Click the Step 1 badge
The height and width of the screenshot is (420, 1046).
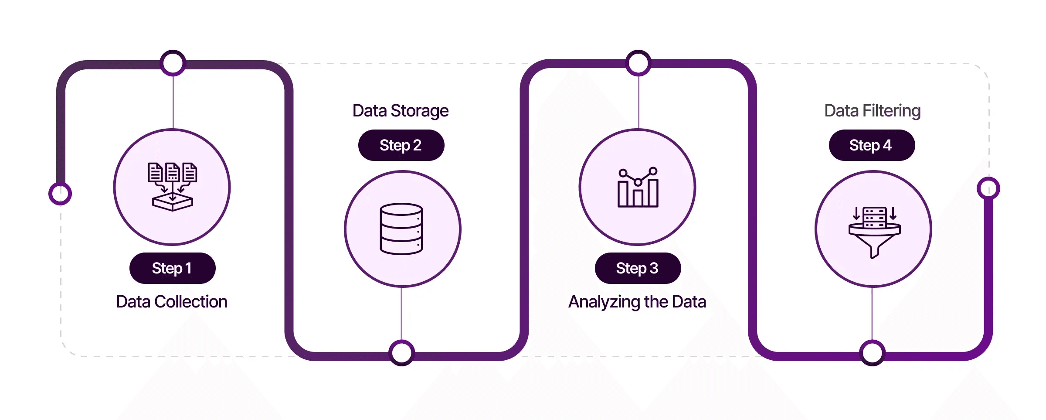point(172,268)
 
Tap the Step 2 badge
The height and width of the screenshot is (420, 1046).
point(401,145)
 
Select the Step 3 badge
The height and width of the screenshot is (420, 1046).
point(637,268)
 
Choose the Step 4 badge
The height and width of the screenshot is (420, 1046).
point(871,145)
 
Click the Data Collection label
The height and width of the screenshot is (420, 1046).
point(172,302)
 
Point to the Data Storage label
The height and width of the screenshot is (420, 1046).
point(400,111)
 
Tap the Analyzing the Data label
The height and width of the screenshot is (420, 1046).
point(637,302)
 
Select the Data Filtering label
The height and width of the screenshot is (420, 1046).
point(872,111)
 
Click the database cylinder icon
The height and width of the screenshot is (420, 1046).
point(401,229)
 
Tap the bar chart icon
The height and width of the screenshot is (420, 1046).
point(638,188)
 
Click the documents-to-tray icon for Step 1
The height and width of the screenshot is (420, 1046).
point(173,187)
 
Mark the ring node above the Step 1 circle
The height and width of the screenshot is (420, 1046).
point(173,63)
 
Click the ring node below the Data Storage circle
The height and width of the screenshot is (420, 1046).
point(401,353)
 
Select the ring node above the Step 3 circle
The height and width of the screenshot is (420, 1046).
point(638,63)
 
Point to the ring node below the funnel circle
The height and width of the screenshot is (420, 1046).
point(872,353)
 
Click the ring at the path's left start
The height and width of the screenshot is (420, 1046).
point(60,193)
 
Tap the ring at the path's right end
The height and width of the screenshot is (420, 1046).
point(988,188)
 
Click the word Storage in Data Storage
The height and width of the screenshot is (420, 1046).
point(419,111)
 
